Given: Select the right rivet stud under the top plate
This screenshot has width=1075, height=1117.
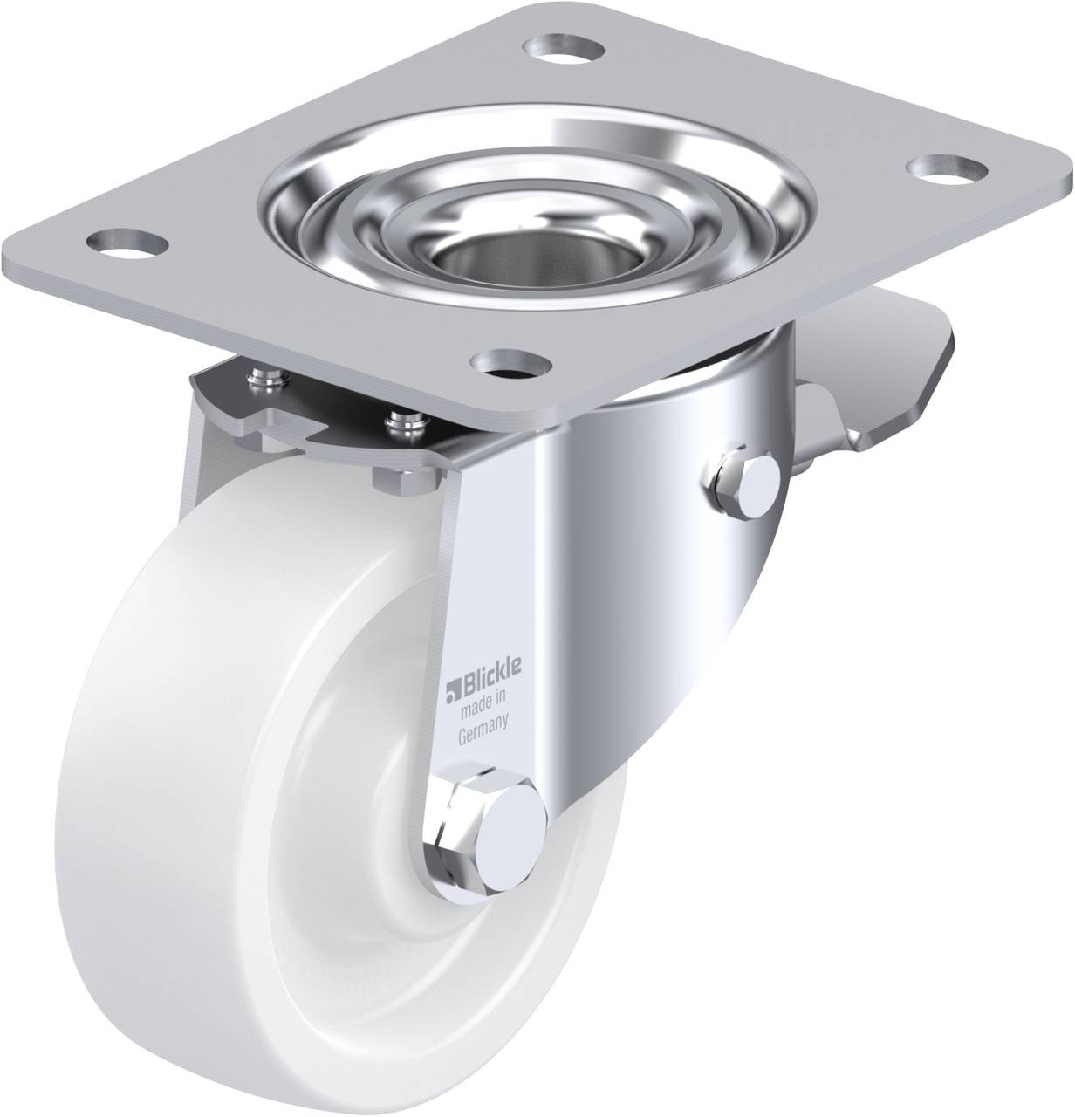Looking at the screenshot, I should [405, 423].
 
